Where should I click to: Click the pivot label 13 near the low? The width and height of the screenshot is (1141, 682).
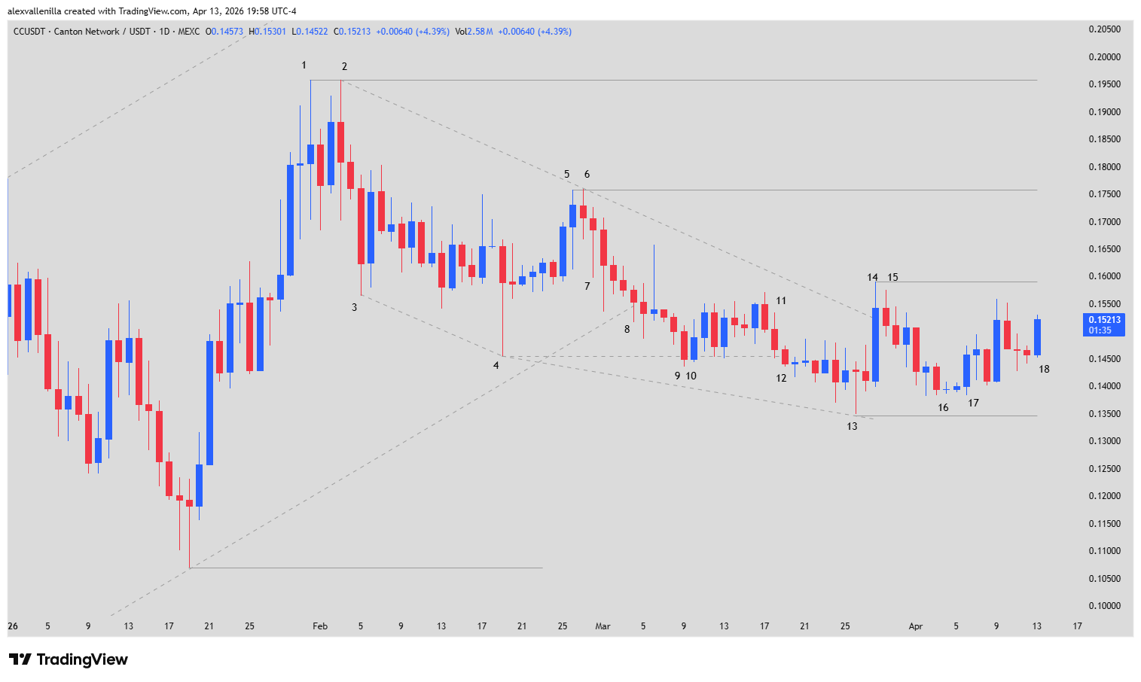point(852,426)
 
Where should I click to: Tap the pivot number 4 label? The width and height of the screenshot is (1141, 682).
point(496,366)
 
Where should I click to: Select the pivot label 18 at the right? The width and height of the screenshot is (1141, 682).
point(1044,369)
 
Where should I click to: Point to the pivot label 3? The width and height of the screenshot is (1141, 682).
point(355,307)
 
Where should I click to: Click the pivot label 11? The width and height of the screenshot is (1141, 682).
point(781,300)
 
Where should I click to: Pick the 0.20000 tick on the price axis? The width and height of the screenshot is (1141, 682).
point(1104,57)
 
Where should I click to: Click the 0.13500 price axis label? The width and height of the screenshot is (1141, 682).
point(1104,414)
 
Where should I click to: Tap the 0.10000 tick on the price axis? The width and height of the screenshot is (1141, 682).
point(1104,606)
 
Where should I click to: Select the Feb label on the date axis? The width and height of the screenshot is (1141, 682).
point(320,626)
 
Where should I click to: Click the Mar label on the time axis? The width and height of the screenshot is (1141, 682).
point(603,626)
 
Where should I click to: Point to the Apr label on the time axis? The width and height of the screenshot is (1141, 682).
point(916,626)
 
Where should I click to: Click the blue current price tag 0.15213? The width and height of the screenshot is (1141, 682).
point(1104,320)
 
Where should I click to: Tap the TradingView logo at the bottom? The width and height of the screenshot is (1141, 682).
point(69,659)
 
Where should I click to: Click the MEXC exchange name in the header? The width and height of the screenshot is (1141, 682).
point(189,32)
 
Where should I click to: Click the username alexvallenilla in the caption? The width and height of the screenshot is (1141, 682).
point(35,11)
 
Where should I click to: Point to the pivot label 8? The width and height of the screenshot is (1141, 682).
point(627,329)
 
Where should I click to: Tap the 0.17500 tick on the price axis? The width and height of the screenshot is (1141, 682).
point(1104,194)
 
